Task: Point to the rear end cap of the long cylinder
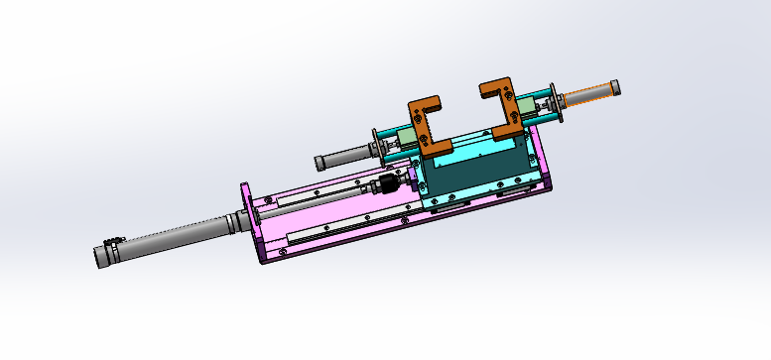[x=104, y=256]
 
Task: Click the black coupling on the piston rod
[x=390, y=185]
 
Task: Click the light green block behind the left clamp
[x=408, y=135]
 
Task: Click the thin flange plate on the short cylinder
[x=375, y=148]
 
